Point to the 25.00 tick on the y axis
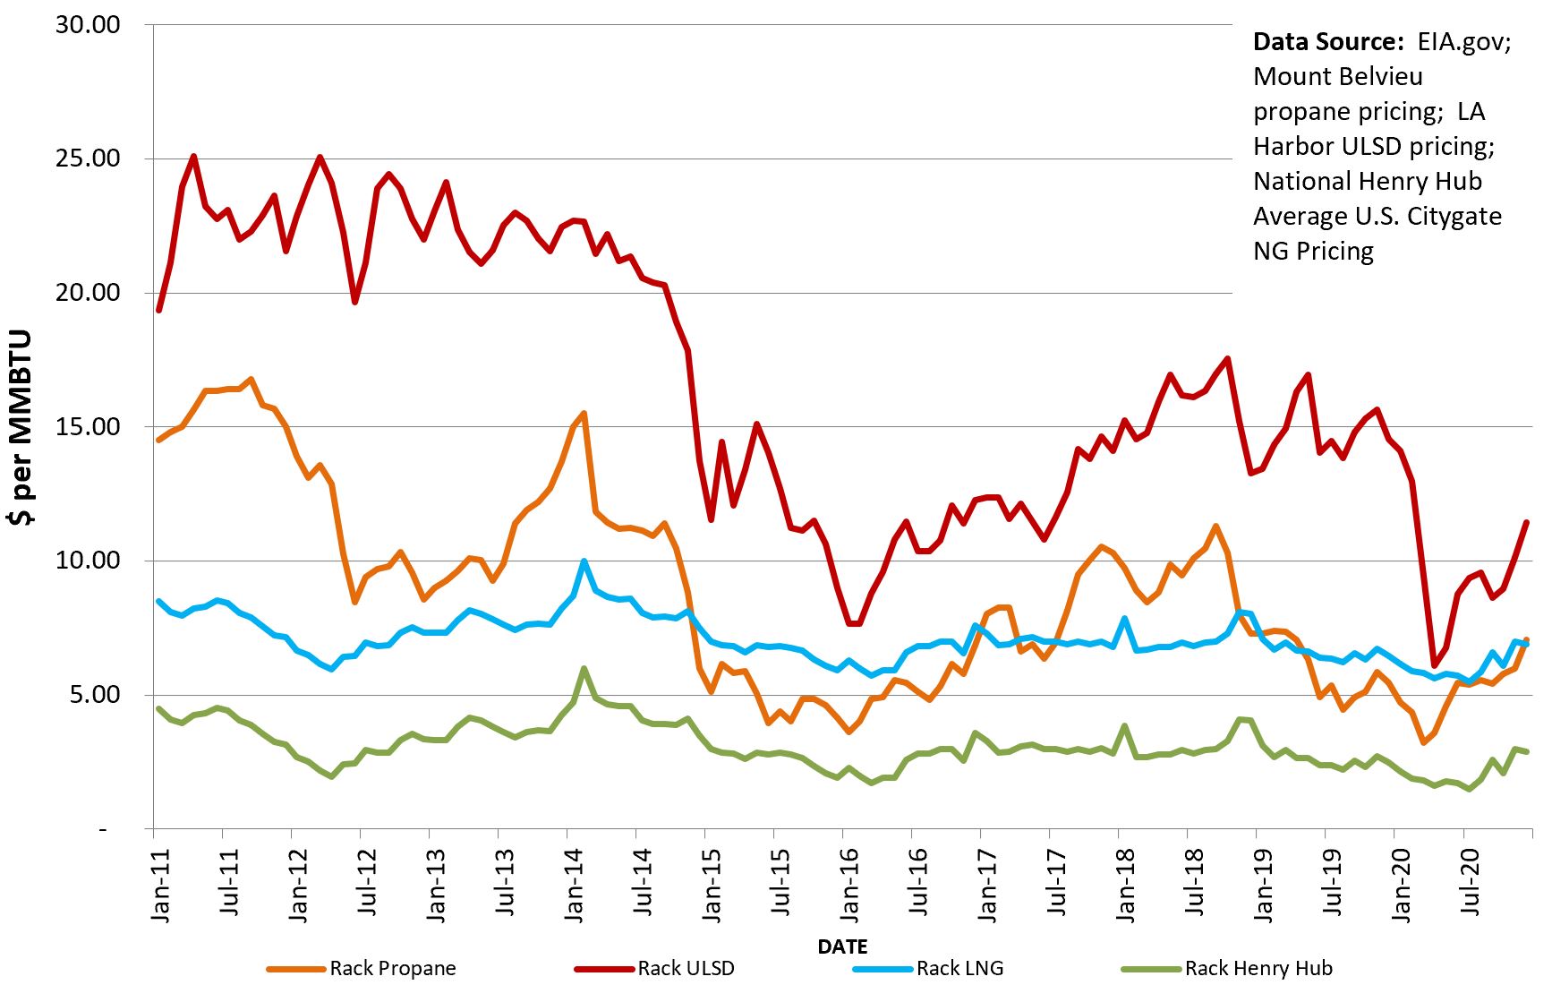point(88,158)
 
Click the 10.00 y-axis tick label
point(88,561)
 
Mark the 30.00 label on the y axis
point(88,25)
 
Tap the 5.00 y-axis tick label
point(94,695)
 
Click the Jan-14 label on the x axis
point(574,882)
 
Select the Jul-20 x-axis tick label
point(1470,882)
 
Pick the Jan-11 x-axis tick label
point(160,882)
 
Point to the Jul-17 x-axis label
point(1056,882)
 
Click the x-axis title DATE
point(842,946)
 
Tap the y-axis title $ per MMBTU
point(21,427)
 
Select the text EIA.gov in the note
point(1463,42)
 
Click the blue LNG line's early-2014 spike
point(584,561)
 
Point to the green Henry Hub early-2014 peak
point(584,668)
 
